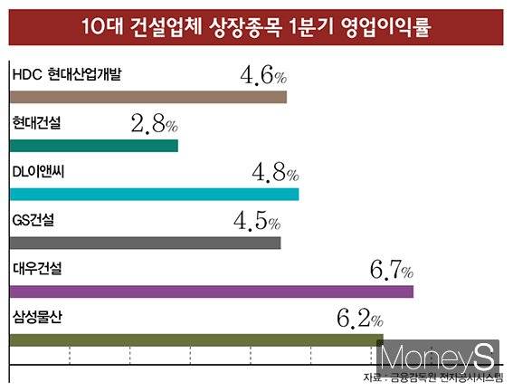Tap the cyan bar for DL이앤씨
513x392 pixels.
point(154,194)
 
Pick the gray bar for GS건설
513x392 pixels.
point(145,243)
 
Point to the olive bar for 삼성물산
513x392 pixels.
point(190,340)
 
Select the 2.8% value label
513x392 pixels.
point(154,124)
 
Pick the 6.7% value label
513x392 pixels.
point(390,270)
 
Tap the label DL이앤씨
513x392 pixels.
point(38,171)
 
